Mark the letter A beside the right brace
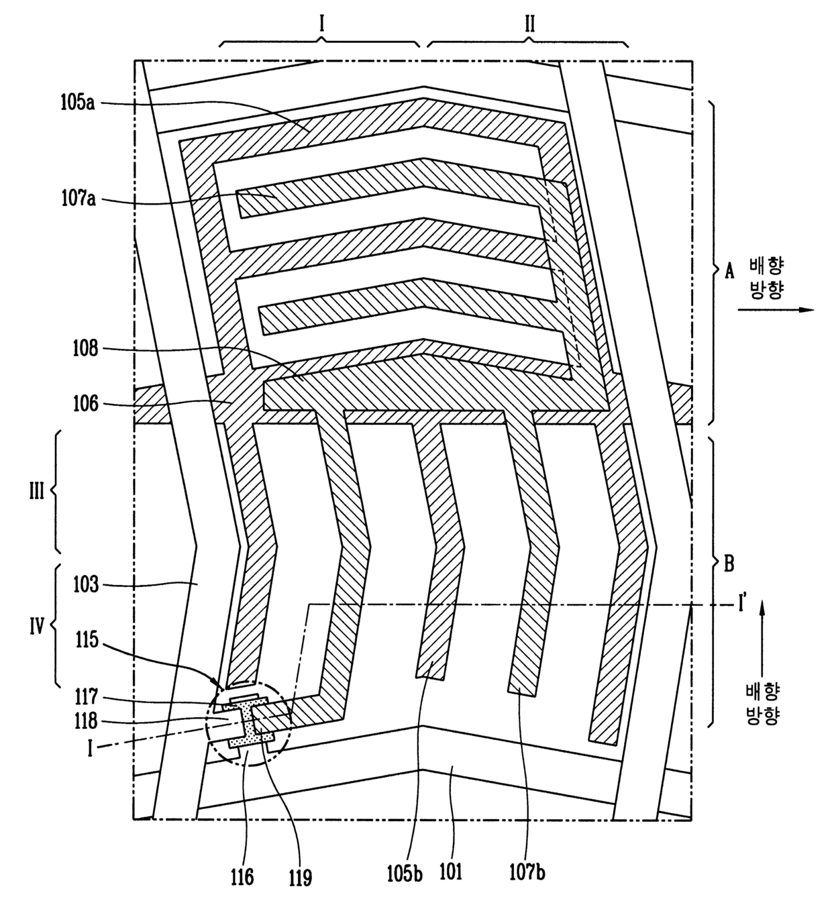pyautogui.click(x=729, y=272)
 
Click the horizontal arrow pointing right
pyautogui.click(x=775, y=310)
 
